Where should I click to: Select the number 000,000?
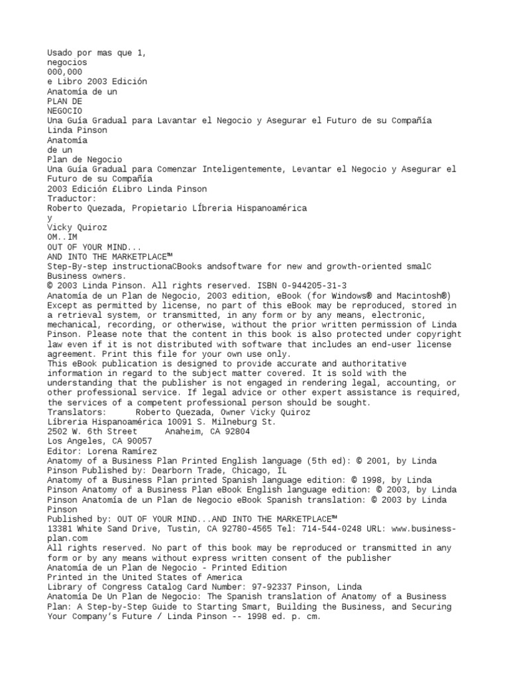[65, 72]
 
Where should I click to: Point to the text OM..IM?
[62, 236]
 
